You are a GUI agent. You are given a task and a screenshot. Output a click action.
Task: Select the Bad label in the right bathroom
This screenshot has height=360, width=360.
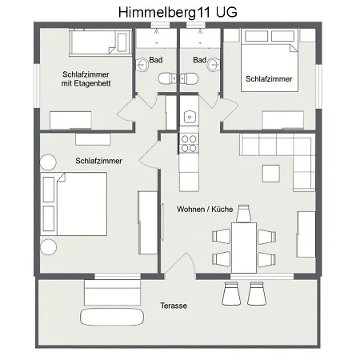click(199, 60)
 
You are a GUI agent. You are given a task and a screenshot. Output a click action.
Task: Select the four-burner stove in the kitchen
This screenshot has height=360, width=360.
click(189, 143)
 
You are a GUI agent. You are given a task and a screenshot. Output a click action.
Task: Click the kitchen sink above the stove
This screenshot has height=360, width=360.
click(189, 116)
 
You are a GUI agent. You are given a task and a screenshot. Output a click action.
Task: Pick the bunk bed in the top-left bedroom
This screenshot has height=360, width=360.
click(95, 42)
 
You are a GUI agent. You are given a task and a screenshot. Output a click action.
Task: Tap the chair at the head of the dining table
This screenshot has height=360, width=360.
click(244, 212)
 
